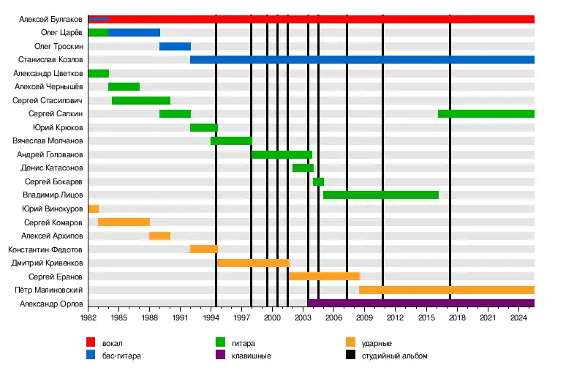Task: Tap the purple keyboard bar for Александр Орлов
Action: click(420, 303)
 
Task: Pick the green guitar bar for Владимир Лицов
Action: click(380, 195)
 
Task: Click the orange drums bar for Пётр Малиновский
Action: click(446, 290)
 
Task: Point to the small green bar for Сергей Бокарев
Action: click(318, 181)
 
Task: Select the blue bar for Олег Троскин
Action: click(175, 46)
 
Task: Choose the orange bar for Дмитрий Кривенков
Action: click(253, 263)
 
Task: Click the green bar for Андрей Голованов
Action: click(282, 154)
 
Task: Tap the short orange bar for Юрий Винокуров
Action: click(93, 208)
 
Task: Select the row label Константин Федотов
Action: click(45, 249)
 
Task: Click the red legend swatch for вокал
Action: click(91, 342)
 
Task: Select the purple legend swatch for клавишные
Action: click(219, 356)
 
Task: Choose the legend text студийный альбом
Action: click(399, 356)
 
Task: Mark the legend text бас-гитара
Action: click(121, 356)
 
